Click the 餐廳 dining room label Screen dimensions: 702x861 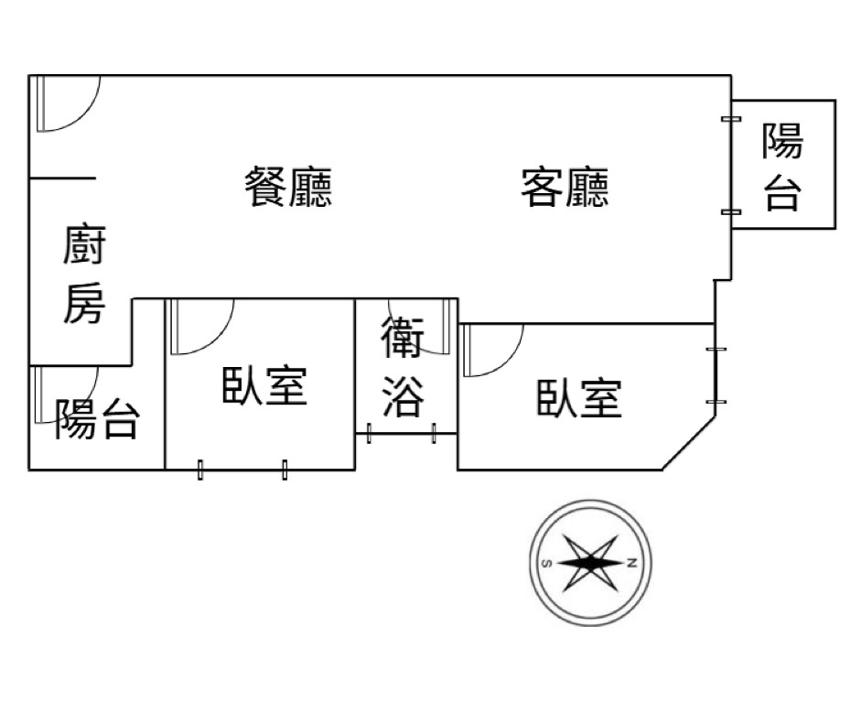click(x=288, y=187)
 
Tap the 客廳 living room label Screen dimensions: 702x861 click(x=565, y=187)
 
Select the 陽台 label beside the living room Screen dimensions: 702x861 click(x=783, y=167)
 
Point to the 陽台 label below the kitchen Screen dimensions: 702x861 click(x=97, y=418)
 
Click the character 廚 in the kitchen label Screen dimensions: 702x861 click(x=84, y=248)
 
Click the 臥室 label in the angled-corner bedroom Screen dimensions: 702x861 click(x=578, y=398)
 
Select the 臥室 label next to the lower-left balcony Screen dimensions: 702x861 click(x=264, y=385)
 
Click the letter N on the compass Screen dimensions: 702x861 click(x=632, y=562)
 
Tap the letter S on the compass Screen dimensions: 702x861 click(x=545, y=562)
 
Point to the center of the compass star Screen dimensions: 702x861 click(x=589, y=562)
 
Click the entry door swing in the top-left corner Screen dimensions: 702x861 click(x=66, y=103)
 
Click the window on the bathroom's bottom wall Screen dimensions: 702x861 click(x=401, y=433)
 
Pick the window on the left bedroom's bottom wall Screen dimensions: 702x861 click(x=242, y=470)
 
